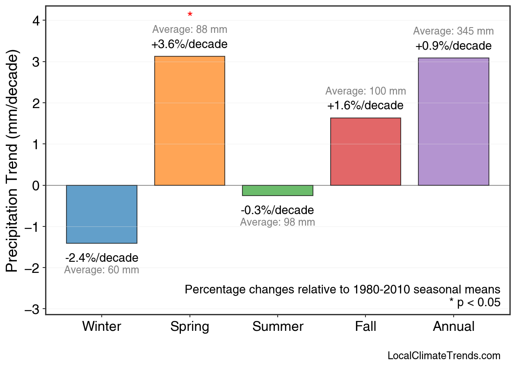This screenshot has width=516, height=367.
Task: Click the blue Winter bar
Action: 102,214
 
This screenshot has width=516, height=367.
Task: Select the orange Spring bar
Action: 190,121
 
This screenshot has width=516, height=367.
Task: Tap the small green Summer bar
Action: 278,190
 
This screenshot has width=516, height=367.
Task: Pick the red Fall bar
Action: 365,152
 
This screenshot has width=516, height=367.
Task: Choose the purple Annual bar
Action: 453,122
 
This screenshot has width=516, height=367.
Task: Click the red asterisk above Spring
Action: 190,15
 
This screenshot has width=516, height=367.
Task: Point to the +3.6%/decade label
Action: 190,44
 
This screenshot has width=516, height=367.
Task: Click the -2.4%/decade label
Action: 102,258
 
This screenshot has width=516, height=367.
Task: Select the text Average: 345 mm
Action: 453,31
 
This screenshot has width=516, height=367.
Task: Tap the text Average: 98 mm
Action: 278,222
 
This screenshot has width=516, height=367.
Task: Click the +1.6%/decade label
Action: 365,106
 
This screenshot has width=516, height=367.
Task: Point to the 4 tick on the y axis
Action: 36,21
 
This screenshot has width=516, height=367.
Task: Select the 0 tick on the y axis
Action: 36,185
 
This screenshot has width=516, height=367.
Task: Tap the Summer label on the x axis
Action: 278,327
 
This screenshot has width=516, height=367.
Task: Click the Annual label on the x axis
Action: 453,327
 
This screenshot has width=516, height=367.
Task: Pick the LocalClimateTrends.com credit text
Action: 444,355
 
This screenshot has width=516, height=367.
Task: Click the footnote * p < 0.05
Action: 475,302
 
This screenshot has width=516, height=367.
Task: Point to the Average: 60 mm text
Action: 102,270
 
